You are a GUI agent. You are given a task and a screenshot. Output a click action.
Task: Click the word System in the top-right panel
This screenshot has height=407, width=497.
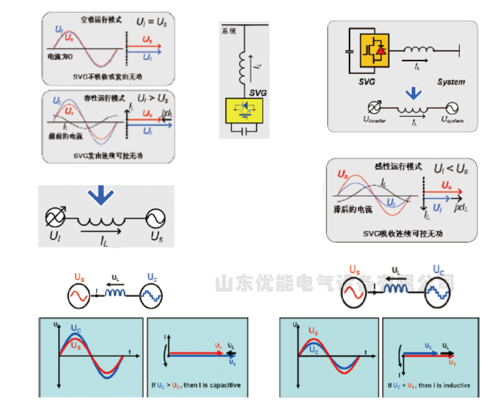coord(450,82)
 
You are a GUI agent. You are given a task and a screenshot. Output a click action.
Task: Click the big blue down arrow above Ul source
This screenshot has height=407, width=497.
coord(101,195)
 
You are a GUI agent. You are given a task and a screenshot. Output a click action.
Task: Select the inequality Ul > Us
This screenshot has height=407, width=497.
coord(153,99)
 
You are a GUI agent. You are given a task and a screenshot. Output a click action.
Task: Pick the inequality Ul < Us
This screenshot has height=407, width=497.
coord(451,169)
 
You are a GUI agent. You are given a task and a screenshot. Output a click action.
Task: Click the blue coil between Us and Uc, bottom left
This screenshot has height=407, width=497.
coord(115,293)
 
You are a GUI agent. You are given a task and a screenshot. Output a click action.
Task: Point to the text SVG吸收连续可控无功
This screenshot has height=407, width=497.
coord(401,233)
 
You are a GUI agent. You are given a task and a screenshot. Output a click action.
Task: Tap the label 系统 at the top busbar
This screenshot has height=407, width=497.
coord(229,31)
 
